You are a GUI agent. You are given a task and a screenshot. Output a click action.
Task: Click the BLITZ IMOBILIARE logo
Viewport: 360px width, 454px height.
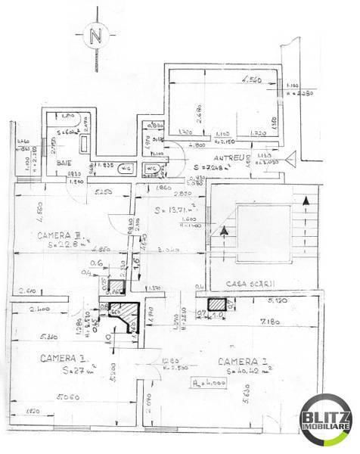326,421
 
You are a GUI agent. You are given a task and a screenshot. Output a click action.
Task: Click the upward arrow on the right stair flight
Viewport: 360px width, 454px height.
306,201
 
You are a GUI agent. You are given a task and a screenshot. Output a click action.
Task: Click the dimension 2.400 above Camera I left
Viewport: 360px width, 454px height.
40,309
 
